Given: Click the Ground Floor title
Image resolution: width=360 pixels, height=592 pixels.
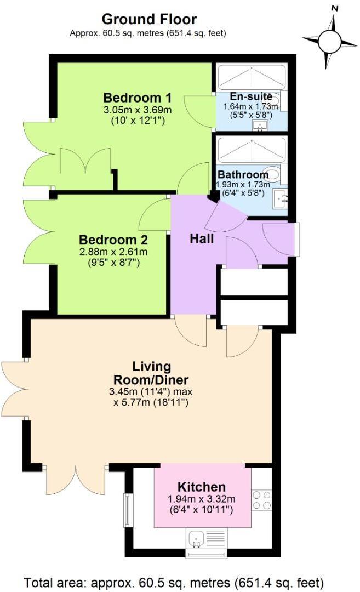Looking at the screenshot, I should [x=148, y=19].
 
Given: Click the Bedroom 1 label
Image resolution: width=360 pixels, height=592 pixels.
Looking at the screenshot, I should [x=138, y=98].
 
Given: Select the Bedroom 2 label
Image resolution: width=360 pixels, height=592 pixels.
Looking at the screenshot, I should [x=113, y=240].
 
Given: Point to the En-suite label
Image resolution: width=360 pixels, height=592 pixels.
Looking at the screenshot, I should [x=251, y=97].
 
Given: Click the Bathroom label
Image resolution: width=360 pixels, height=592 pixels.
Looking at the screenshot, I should [x=243, y=175].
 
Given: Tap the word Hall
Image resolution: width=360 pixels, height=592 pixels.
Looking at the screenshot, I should [x=201, y=239].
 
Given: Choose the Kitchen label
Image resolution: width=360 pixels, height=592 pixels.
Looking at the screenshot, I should [x=201, y=487].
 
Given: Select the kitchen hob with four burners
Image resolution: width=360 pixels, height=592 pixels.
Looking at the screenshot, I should [x=262, y=500].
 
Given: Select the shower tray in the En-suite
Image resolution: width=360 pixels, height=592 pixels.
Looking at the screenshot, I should [x=252, y=77].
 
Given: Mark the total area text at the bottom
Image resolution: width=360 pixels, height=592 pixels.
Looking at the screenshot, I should [x=174, y=581].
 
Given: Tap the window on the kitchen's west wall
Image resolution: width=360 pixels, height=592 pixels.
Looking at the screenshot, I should [x=128, y=509].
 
